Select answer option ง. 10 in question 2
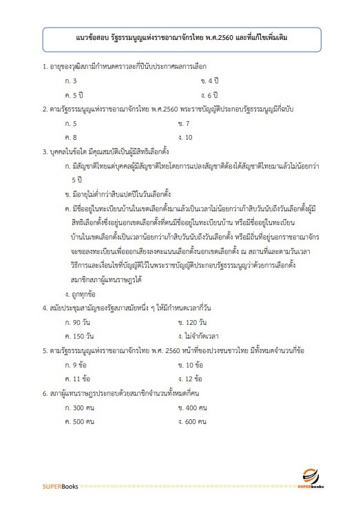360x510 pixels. click(x=184, y=137)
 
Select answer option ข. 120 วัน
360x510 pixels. click(x=193, y=304)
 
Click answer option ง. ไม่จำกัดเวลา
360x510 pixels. click(x=199, y=317)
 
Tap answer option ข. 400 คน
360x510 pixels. click(x=193, y=407)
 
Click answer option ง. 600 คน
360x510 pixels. click(x=193, y=421)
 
